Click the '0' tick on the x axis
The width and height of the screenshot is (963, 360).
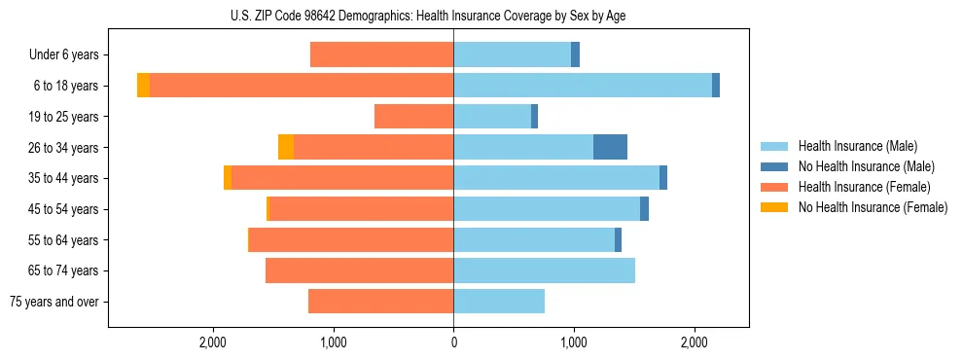tap(453, 342)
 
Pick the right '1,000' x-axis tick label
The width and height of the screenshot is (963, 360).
tap(573, 342)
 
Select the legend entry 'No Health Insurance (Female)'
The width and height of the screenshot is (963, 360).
tap(873, 207)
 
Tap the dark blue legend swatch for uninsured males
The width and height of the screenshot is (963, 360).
tap(775, 166)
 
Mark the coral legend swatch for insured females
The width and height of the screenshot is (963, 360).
tap(775, 187)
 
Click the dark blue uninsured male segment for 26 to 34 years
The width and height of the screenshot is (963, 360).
tap(610, 147)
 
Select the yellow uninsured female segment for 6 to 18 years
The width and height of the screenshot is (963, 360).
tap(143, 86)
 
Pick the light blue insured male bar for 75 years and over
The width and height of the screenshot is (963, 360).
tap(499, 302)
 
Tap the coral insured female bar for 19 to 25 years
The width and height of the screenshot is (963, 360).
tap(413, 117)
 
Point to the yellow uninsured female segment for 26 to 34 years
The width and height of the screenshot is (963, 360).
tap(286, 147)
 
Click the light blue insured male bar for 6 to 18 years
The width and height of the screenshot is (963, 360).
tap(583, 86)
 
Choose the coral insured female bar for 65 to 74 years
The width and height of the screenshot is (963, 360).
tap(359, 270)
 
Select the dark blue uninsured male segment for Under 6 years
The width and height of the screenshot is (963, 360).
tap(575, 55)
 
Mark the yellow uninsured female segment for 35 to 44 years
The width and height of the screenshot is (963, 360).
tap(228, 178)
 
